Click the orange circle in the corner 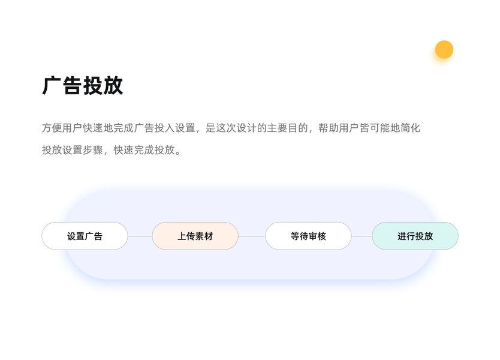coord(444,49)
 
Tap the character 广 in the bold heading coord(52,86)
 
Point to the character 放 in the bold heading coord(113,86)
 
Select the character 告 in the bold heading coord(73,86)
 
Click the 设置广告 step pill coord(85,236)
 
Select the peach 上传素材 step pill coord(195,236)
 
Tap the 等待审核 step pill coord(308,236)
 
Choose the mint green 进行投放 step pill coord(415,236)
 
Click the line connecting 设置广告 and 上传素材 coord(140,236)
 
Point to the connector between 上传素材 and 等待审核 coord(252,236)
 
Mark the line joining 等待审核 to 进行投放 coord(362,236)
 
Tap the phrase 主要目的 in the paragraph coord(287,128)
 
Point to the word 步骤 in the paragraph coord(95,150)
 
